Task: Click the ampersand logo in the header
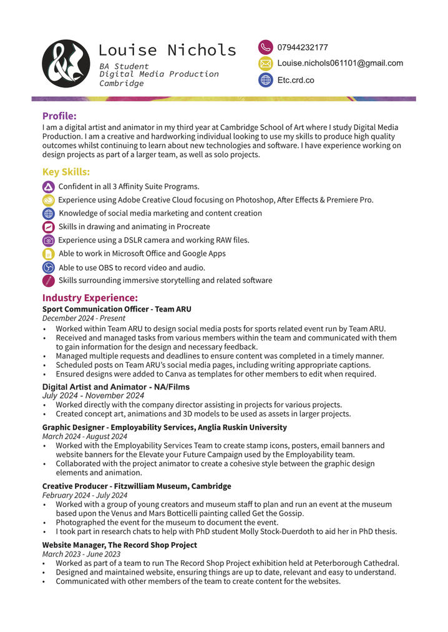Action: click(66, 63)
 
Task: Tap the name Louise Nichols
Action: click(167, 50)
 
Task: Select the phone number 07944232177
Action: click(303, 47)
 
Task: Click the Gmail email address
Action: click(340, 63)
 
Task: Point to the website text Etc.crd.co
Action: click(296, 80)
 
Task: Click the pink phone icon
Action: click(266, 47)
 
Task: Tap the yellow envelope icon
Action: click(266, 63)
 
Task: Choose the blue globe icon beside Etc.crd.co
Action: click(266, 80)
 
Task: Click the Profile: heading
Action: click(59, 116)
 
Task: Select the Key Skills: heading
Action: click(66, 172)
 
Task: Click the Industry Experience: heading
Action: click(90, 298)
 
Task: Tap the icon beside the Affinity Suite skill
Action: click(49, 187)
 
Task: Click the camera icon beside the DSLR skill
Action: click(49, 240)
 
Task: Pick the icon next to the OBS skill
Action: click(49, 267)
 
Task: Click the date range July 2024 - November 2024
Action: click(93, 395)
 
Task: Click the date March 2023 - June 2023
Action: click(81, 554)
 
